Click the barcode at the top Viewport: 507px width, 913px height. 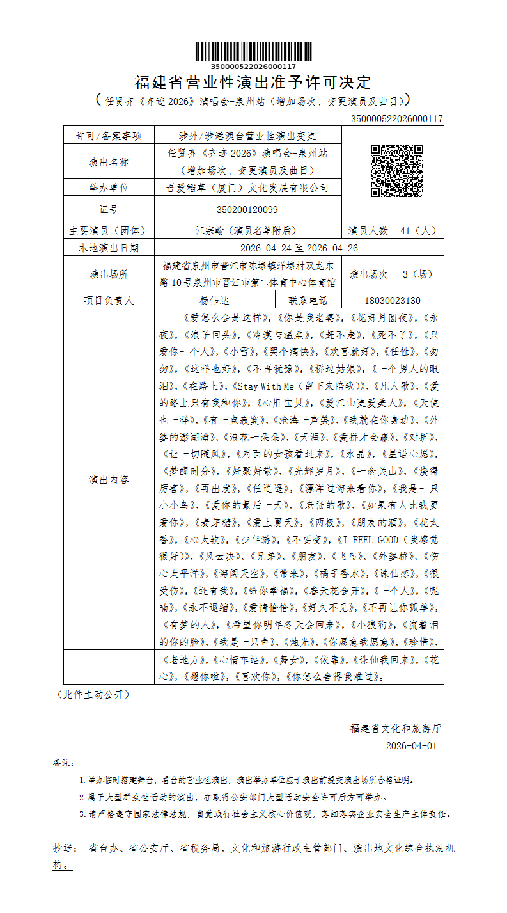click(x=253, y=52)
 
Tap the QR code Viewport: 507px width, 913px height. click(x=397, y=171)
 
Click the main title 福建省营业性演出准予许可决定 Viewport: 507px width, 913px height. click(x=253, y=83)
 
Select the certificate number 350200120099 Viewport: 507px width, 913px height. click(x=247, y=209)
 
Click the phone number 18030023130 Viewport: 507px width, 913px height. click(x=392, y=300)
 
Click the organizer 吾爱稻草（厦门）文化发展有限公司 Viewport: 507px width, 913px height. click(x=247, y=187)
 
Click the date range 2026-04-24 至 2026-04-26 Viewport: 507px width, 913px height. click(x=299, y=248)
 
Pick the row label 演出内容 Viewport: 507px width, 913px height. click(x=109, y=479)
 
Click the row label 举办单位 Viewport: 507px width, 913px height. click(x=109, y=187)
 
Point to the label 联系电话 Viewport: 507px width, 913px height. click(x=308, y=300)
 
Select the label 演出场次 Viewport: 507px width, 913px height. click(x=368, y=274)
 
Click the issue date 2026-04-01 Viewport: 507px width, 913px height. click(x=411, y=746)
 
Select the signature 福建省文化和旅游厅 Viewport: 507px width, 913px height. click(x=395, y=728)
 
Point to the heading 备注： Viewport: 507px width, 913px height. click(x=64, y=763)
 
